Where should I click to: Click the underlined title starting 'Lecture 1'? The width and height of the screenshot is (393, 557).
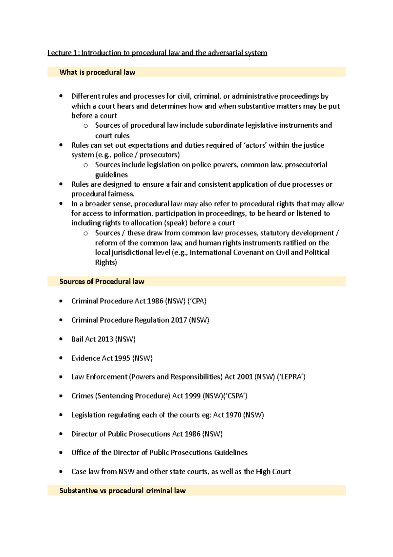coord(157,53)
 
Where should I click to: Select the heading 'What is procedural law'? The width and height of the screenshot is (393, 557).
coord(97,72)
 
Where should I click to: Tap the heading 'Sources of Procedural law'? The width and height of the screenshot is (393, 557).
coord(102,281)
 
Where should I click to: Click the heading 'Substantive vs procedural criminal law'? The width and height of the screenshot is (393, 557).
coord(122,491)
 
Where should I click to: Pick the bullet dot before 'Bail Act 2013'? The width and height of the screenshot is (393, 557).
coord(61,339)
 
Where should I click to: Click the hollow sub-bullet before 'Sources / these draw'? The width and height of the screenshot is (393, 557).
coord(86,233)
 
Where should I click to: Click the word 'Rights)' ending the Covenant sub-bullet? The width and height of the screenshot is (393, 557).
coord(106,262)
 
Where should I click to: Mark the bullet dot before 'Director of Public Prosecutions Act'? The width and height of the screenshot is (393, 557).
coord(61,434)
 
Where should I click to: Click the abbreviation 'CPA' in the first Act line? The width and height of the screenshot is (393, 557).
coord(197,301)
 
